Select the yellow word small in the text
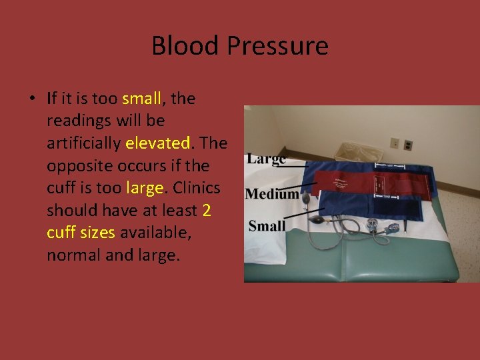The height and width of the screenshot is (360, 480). pos(142,99)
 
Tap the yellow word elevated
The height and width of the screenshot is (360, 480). pos(158,143)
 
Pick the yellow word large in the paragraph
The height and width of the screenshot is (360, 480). pos(144,188)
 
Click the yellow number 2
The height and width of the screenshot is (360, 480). pos(207,211)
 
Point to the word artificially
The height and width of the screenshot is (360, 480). pos(84,143)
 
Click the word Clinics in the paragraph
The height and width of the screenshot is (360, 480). pos(197,188)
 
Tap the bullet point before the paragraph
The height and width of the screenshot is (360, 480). pos(31,99)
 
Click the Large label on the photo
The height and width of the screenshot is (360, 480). pos(266,159)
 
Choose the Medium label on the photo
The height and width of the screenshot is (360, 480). pos(271,194)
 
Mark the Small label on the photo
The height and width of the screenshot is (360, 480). pos(267,226)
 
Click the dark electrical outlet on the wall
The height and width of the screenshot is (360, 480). pos(408,145)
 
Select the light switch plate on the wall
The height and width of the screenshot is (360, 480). pos(394,143)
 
